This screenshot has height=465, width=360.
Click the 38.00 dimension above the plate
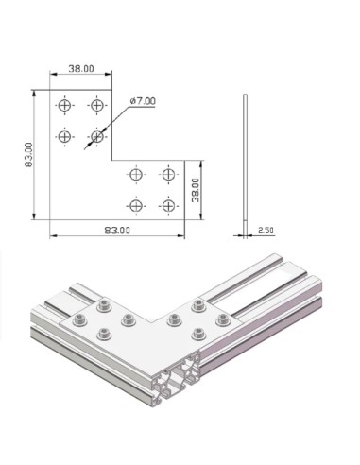coord(81,68)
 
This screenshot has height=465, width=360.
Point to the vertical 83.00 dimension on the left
coord(28,156)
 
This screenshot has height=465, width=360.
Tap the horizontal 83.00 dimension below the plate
coord(114,229)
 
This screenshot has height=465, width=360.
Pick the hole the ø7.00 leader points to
coord(96,136)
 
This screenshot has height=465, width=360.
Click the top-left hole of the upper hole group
coord(64,104)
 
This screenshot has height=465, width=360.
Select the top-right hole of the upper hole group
coord(96,104)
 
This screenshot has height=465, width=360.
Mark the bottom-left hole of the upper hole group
coord(64,136)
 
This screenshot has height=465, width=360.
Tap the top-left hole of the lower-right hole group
coord(136,175)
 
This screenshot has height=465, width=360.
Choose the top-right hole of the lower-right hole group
coord(168,175)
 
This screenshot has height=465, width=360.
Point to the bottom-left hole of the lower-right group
coord(136,205)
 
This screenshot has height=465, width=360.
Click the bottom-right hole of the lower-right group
coord(168,205)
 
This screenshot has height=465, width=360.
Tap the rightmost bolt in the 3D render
coord(223,319)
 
